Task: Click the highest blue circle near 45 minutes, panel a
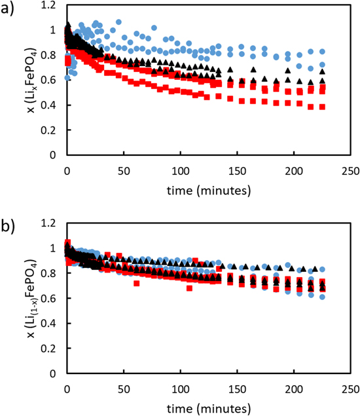(118, 22)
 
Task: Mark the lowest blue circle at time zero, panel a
(67, 78)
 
